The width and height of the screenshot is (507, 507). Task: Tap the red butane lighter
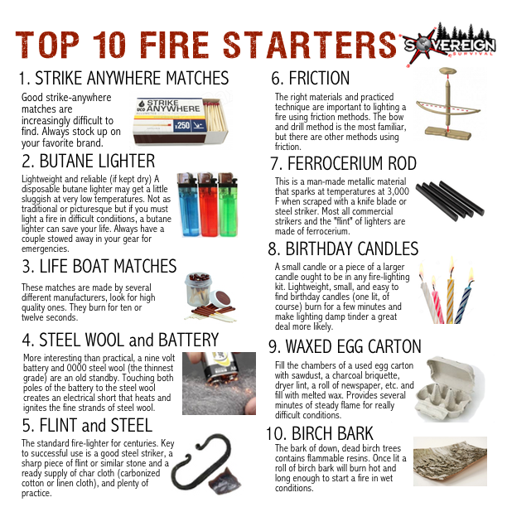click(208, 205)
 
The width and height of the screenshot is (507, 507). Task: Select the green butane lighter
click(229, 205)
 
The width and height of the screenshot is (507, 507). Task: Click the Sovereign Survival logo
click(450, 45)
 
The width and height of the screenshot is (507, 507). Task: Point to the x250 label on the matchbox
click(182, 125)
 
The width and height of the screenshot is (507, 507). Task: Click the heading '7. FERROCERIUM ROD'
click(344, 163)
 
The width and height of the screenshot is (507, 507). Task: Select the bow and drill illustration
click(448, 104)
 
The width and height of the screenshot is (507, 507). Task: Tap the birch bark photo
click(450, 461)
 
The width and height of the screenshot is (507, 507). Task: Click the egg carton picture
click(451, 389)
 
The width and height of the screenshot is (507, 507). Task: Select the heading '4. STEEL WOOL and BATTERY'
click(120, 340)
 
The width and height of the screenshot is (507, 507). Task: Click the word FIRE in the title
click(175, 45)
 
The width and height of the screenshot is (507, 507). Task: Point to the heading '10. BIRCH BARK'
click(320, 433)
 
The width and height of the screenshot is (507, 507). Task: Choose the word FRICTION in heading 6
click(319, 78)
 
